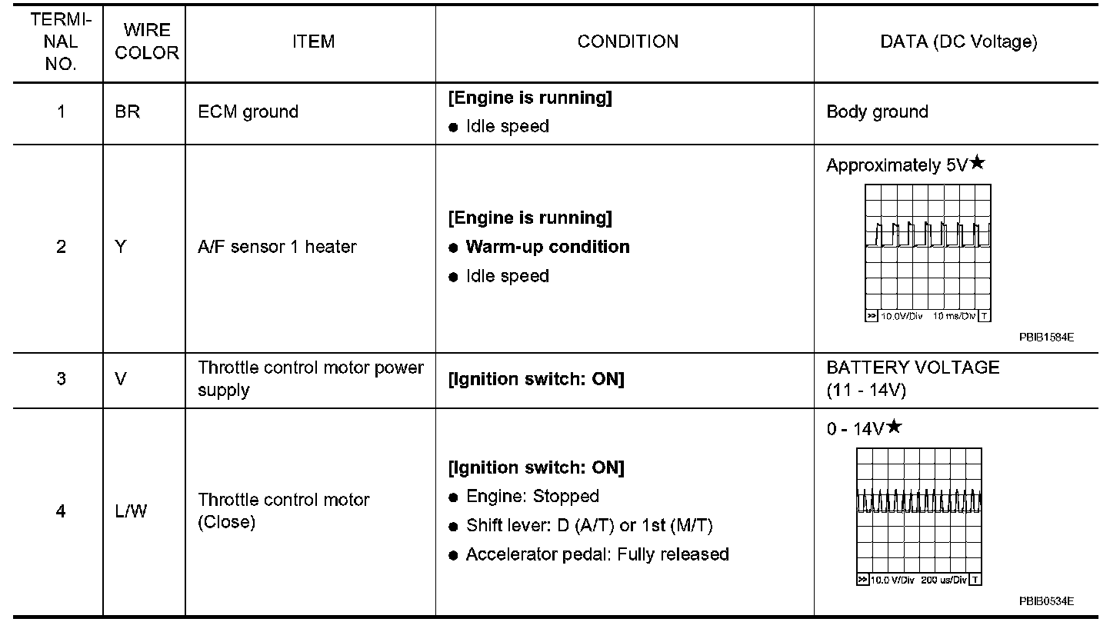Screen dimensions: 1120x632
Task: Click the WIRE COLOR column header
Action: [x=146, y=42]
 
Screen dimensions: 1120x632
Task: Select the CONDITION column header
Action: [x=628, y=42]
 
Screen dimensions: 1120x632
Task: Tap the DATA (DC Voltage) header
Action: [x=958, y=42]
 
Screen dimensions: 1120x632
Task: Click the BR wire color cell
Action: [x=127, y=111]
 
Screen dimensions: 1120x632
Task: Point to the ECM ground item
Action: [x=248, y=112]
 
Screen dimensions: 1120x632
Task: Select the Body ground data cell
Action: [x=877, y=112]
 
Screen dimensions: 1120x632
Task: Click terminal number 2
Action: [x=61, y=247]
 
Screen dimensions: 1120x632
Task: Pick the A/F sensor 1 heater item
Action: [x=277, y=247]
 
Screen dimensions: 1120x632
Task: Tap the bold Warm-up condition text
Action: [x=548, y=247]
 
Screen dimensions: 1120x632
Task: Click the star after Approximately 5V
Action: [x=978, y=162]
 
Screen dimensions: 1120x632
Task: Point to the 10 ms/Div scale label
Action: [x=954, y=316]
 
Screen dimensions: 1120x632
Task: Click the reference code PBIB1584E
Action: [x=1046, y=338]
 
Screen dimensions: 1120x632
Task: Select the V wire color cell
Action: [x=121, y=379]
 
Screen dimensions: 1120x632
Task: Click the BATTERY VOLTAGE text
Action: [x=912, y=368]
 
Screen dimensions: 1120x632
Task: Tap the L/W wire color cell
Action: [x=131, y=511]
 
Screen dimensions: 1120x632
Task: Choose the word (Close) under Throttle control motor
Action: [x=226, y=522]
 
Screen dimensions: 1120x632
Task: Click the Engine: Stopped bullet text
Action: [x=532, y=497]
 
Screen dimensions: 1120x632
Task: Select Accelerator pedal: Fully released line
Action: [x=598, y=554]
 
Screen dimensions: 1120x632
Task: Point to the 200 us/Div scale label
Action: [x=944, y=580]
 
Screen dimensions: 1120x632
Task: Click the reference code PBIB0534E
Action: [x=1046, y=601]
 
